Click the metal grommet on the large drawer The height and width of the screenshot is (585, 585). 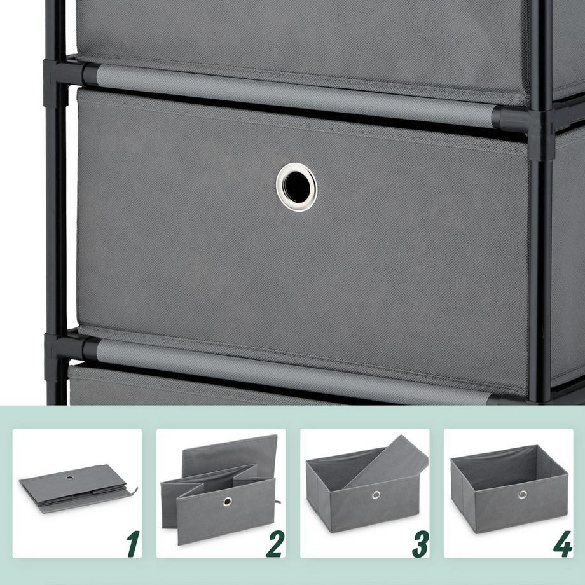click(296, 187)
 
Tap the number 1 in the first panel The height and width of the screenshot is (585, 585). click(132, 544)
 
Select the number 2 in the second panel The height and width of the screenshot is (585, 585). click(275, 544)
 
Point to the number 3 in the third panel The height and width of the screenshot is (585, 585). click(419, 544)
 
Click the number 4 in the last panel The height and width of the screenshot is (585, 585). click(562, 544)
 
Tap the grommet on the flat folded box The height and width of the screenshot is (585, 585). click(69, 478)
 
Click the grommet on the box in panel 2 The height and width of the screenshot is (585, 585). click(227, 501)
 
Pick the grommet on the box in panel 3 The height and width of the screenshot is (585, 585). click(376, 494)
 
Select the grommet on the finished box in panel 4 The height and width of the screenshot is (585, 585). click(522, 494)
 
